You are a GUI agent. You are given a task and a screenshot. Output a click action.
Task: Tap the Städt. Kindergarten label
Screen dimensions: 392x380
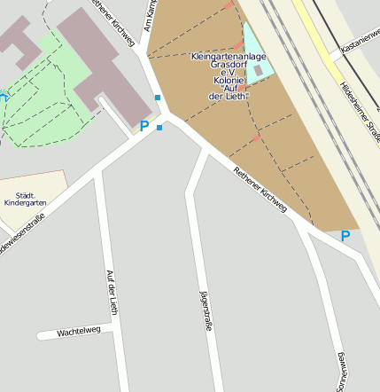pyautogui.click(x=26, y=200)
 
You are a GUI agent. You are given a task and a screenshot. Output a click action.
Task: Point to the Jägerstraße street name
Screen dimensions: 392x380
pyautogui.click(x=206, y=310)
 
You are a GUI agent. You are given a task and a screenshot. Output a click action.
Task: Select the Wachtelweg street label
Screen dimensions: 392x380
pyautogui.click(x=79, y=332)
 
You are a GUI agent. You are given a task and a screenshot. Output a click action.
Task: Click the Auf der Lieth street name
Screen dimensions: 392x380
pyautogui.click(x=112, y=293)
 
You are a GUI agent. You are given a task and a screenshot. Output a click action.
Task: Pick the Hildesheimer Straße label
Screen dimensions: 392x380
pyautogui.click(x=359, y=106)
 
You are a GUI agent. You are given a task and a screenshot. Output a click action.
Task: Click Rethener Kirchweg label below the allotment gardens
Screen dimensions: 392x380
pyautogui.click(x=260, y=189)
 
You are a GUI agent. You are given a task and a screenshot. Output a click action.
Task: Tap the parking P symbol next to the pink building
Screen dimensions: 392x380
pyautogui.click(x=144, y=127)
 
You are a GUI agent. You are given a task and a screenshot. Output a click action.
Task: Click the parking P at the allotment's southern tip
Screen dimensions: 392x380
pyautogui.click(x=345, y=236)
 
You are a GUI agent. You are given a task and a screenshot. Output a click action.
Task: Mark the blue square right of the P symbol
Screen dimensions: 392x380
pyautogui.click(x=159, y=128)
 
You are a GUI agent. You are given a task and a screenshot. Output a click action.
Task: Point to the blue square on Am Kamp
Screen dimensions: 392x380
pyautogui.click(x=158, y=98)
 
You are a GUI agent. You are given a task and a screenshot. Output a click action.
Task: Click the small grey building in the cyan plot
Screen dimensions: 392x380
pyautogui.click(x=258, y=69)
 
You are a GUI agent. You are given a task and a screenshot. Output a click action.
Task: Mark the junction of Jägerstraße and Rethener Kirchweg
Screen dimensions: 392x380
pyautogui.click(x=206, y=152)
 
